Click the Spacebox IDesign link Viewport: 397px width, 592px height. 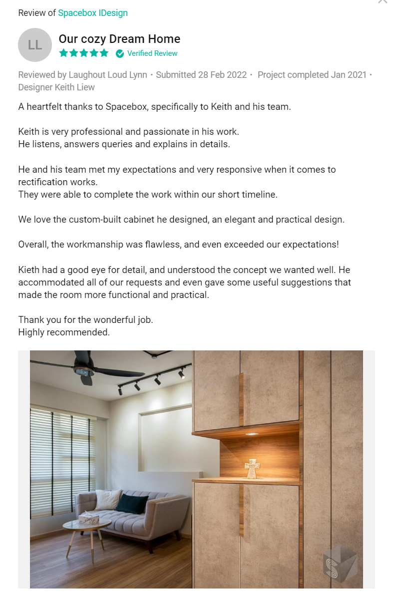[93, 13]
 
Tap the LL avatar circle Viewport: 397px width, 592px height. [35, 45]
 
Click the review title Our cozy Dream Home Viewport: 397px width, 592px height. [119, 39]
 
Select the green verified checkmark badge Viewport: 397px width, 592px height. [120, 53]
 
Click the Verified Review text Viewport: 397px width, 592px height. [152, 53]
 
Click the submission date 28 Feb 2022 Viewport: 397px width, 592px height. [222, 75]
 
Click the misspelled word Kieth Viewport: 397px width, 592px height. [29, 270]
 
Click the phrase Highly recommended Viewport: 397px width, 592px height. [64, 332]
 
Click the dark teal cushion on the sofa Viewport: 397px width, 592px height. [132, 503]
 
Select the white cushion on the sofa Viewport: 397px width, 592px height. [108, 499]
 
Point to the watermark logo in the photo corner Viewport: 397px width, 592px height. [340, 564]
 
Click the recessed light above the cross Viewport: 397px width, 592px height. [252, 434]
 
